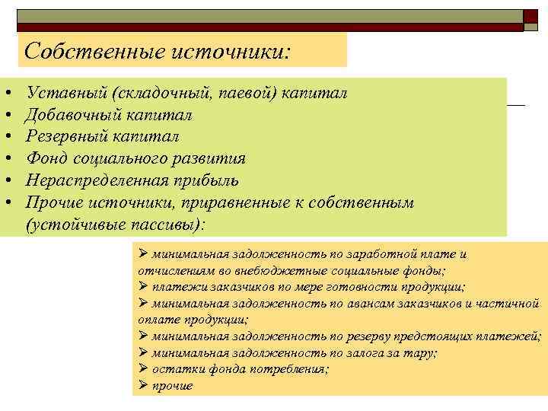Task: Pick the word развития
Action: [210, 158]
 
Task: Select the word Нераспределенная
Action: [100, 180]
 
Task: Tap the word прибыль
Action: [209, 180]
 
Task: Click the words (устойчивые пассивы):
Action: [115, 225]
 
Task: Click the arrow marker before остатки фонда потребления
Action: [144, 369]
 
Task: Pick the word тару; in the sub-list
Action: [422, 352]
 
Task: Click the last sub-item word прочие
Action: [172, 386]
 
